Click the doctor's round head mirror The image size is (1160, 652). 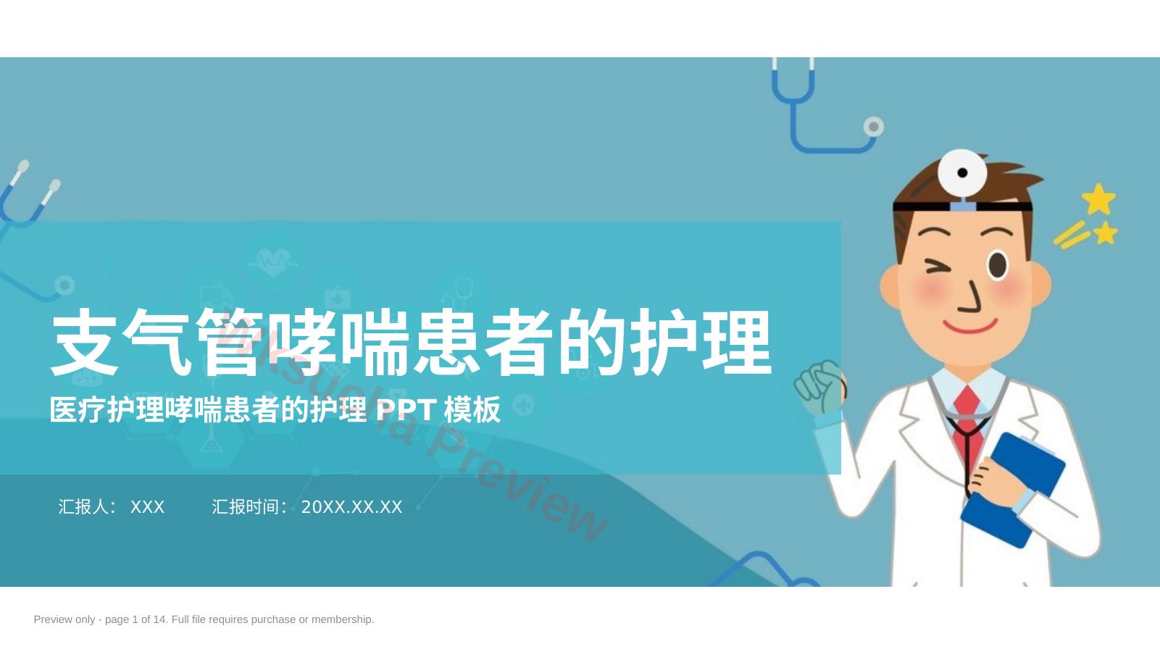(x=962, y=173)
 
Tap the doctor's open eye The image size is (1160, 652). (x=998, y=265)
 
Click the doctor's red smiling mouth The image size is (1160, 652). (x=970, y=326)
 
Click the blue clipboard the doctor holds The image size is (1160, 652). (x=1013, y=490)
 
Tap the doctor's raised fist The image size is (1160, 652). (x=819, y=388)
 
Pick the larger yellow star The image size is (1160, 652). (x=1098, y=199)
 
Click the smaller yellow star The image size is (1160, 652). (x=1106, y=233)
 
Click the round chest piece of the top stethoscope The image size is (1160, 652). (x=874, y=126)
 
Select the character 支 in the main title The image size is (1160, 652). (x=85, y=342)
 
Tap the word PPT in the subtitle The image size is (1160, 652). (x=406, y=409)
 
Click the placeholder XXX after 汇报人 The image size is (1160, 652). (x=147, y=507)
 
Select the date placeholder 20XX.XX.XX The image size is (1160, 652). (x=351, y=507)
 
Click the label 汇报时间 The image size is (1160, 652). (x=246, y=506)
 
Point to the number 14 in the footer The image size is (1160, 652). (x=159, y=619)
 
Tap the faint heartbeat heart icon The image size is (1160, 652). (x=273, y=262)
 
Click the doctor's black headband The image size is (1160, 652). (x=962, y=206)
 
